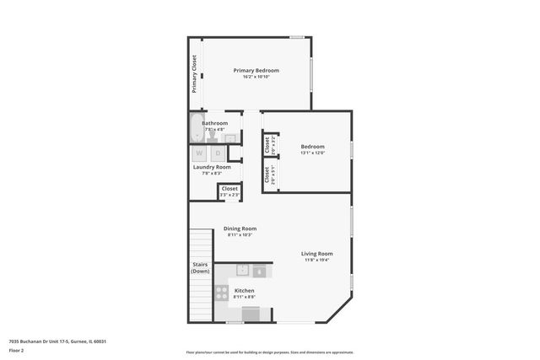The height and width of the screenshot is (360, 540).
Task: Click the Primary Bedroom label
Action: tap(256, 70)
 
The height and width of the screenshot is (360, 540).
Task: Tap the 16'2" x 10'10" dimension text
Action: tap(256, 77)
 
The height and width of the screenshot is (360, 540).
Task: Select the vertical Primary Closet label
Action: tap(194, 73)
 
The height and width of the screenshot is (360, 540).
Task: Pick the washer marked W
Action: tap(200, 153)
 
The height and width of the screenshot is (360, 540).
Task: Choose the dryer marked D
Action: tap(218, 153)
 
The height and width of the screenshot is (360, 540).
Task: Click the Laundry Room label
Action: tap(212, 167)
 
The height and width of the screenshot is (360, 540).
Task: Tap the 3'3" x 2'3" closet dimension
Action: tap(229, 195)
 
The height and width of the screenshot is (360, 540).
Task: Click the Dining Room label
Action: tap(240, 228)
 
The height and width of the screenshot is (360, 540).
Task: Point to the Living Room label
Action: tap(317, 253)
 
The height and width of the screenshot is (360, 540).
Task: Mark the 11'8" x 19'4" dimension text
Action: tap(317, 260)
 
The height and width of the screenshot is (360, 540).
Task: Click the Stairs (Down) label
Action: tap(200, 268)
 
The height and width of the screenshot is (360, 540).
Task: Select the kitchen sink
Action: tap(242, 271)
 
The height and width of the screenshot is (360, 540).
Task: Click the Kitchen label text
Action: tap(244, 291)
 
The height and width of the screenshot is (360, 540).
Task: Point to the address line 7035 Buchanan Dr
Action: tap(57, 341)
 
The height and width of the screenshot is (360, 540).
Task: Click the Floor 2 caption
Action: tap(16, 350)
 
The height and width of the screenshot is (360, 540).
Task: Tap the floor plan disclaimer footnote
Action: tap(269, 352)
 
